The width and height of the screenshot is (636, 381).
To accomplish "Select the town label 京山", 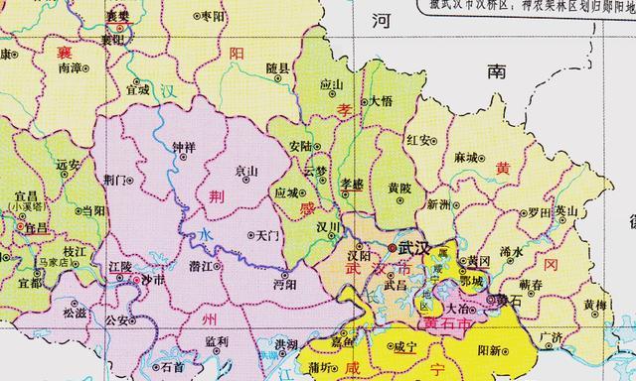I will [x=246, y=170].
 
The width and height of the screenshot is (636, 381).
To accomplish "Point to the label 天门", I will [x=268, y=235].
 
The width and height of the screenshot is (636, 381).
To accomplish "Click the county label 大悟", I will [x=381, y=101].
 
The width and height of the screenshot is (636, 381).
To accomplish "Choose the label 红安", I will [x=418, y=140].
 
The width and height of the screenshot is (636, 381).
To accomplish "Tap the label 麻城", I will [x=466, y=157].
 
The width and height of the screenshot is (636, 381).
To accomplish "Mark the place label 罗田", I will [x=540, y=211].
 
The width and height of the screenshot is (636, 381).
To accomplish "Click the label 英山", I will [x=566, y=210].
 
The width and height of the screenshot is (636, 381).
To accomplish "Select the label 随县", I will [x=277, y=67].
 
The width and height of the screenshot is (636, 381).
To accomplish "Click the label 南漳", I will [x=70, y=68].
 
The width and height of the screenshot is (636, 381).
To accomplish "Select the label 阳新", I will [x=490, y=348].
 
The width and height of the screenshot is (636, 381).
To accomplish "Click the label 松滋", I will [x=75, y=312].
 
